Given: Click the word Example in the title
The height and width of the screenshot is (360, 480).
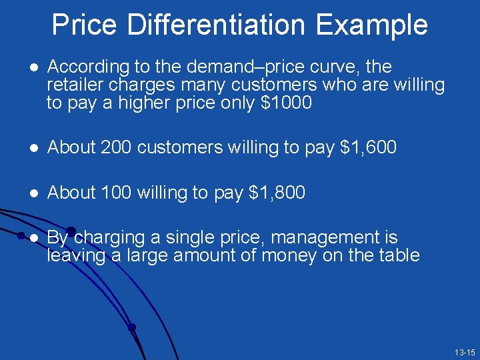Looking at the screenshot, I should pyautogui.click(x=371, y=25).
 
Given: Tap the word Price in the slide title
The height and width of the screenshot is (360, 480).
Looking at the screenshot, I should pyautogui.click(x=85, y=25).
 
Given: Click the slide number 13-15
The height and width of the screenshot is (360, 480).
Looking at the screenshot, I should pyautogui.click(x=464, y=352).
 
